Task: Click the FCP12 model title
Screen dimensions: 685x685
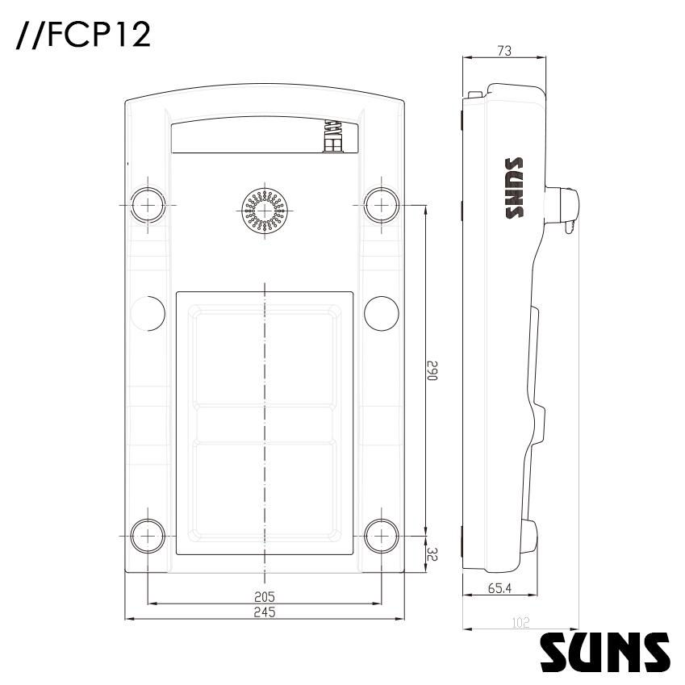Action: [83, 35]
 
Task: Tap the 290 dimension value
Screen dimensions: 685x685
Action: [432, 370]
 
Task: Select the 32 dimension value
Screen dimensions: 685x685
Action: [432, 555]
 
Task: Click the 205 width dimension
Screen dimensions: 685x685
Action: [265, 596]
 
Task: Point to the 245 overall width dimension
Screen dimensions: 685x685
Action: [265, 612]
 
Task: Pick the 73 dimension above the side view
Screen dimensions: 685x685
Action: [504, 51]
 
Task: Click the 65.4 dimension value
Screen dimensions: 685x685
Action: [499, 588]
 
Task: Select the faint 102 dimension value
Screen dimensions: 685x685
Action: [520, 623]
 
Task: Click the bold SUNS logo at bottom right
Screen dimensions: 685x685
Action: [605, 652]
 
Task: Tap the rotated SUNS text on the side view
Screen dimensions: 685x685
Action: [514, 188]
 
